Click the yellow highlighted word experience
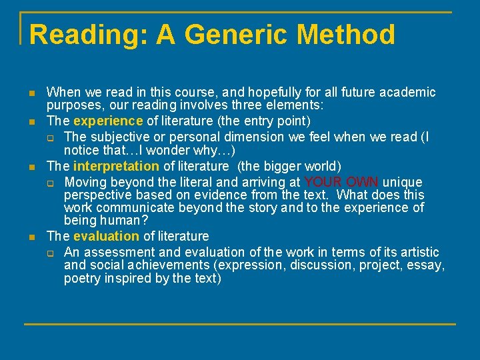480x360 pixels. point(108,121)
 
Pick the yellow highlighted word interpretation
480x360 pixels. point(116,167)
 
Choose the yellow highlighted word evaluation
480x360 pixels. point(107,236)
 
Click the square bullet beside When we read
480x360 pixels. point(32,93)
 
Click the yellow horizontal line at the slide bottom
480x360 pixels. point(240,324)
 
